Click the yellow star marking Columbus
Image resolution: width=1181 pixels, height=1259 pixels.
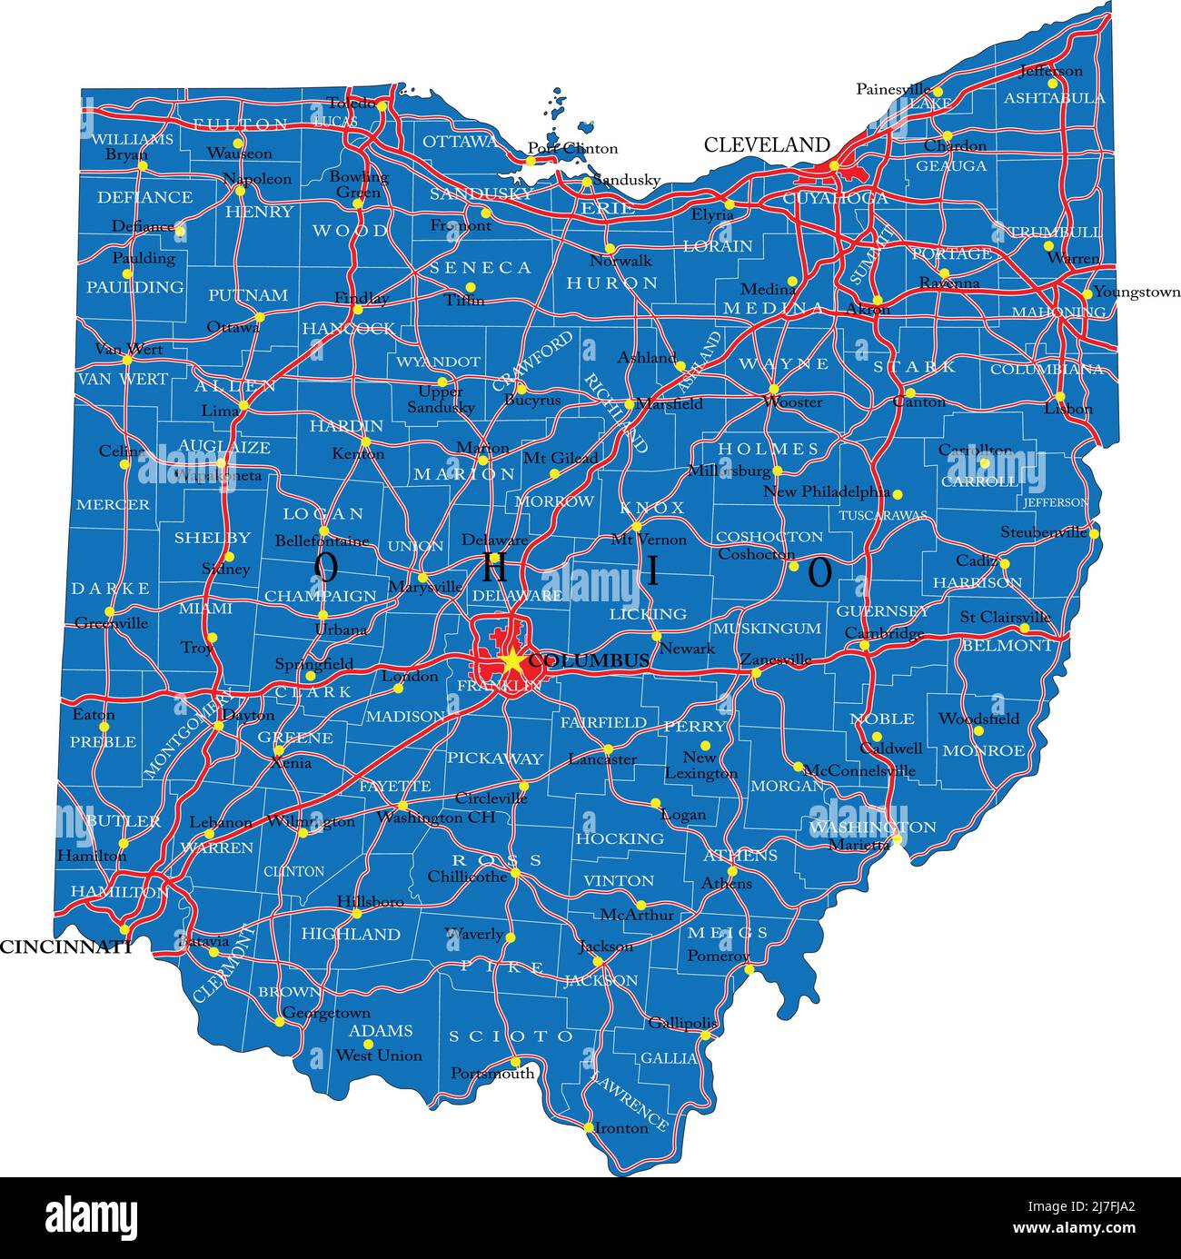pyautogui.click(x=511, y=661)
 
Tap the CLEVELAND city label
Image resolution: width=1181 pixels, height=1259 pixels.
pyautogui.click(x=767, y=144)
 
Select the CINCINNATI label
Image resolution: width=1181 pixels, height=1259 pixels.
pyautogui.click(x=65, y=947)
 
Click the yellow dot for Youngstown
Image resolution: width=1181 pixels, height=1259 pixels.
pyautogui.click(x=1087, y=293)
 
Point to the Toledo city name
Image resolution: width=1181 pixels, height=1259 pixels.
pyautogui.click(x=351, y=103)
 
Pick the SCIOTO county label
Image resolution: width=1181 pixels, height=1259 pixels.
pyautogui.click(x=512, y=1036)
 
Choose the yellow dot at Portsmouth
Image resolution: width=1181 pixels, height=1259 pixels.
pyautogui.click(x=515, y=1061)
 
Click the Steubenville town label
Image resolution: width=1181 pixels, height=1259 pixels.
pyautogui.click(x=1044, y=532)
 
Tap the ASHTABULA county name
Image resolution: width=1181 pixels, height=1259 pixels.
pyautogui.click(x=1054, y=98)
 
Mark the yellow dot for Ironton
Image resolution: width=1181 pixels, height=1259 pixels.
pyautogui.click(x=589, y=1127)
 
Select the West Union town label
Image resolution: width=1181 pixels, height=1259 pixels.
pyautogui.click(x=379, y=1056)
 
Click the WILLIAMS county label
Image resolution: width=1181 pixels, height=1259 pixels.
pyautogui.click(x=132, y=139)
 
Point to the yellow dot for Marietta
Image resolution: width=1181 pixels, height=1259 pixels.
pyautogui.click(x=897, y=839)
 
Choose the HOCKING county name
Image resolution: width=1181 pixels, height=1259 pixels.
pyautogui.click(x=620, y=838)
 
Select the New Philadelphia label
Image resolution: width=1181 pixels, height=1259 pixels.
pyautogui.click(x=827, y=491)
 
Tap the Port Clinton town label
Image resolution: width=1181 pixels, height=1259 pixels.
pyautogui.click(x=572, y=148)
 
